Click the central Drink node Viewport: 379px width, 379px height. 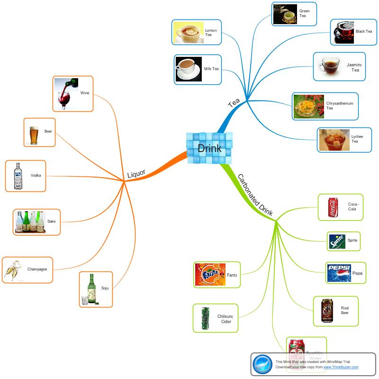tap(209, 148)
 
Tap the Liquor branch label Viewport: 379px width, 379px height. tap(136, 174)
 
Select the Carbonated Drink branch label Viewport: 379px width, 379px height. tap(255, 196)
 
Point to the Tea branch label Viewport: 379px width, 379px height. tap(234, 103)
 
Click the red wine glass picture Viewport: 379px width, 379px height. tap(66, 94)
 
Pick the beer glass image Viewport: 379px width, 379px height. tap(34, 135)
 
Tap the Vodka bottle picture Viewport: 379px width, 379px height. tap(18, 176)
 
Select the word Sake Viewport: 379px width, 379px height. tap(51, 222)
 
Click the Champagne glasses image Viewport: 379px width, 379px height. tap(14, 270)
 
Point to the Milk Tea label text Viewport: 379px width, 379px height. tap(211, 69)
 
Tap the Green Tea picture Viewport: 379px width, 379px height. tap(285, 14)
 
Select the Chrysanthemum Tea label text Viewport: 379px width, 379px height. tap(340, 105)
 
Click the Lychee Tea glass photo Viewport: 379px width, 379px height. tap(334, 140)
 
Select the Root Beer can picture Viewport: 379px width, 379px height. tap(327, 311)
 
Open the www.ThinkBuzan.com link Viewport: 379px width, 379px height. tap(341, 367)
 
